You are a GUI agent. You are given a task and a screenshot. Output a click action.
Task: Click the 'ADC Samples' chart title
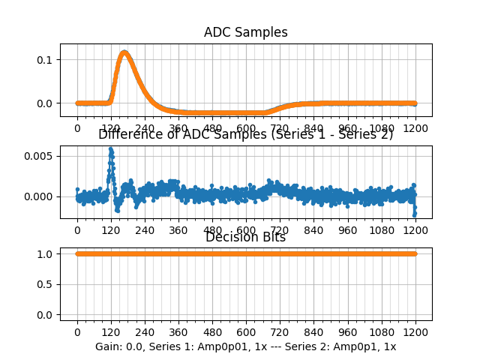tap(245, 32)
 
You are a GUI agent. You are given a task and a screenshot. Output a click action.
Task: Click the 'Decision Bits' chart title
tap(245, 237)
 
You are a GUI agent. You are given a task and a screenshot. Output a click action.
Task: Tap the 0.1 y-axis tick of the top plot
tap(46, 60)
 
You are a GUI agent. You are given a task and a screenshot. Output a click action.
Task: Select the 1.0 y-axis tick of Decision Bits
tap(46, 253)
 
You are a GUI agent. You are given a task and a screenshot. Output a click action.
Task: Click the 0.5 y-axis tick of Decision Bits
tap(46, 284)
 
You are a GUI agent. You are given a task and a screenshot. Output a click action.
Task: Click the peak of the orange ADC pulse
tap(124, 52)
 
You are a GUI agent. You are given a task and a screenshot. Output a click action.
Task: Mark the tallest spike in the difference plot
tap(110, 149)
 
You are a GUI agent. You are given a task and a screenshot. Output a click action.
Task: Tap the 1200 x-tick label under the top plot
tap(415, 128)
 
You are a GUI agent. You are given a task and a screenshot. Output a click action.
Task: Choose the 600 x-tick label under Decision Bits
tap(246, 333)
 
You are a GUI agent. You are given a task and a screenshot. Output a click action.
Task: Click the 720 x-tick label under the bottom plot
tap(280, 333)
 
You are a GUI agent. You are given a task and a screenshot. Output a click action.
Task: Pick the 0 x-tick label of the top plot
tap(76, 128)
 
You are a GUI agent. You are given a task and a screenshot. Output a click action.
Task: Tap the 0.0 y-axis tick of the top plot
tap(46, 103)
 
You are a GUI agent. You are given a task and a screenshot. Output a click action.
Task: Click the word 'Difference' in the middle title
tap(127, 134)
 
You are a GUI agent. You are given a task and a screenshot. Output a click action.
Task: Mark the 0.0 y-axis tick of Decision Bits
tap(46, 315)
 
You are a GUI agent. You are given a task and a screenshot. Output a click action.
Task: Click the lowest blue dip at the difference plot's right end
tap(414, 215)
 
